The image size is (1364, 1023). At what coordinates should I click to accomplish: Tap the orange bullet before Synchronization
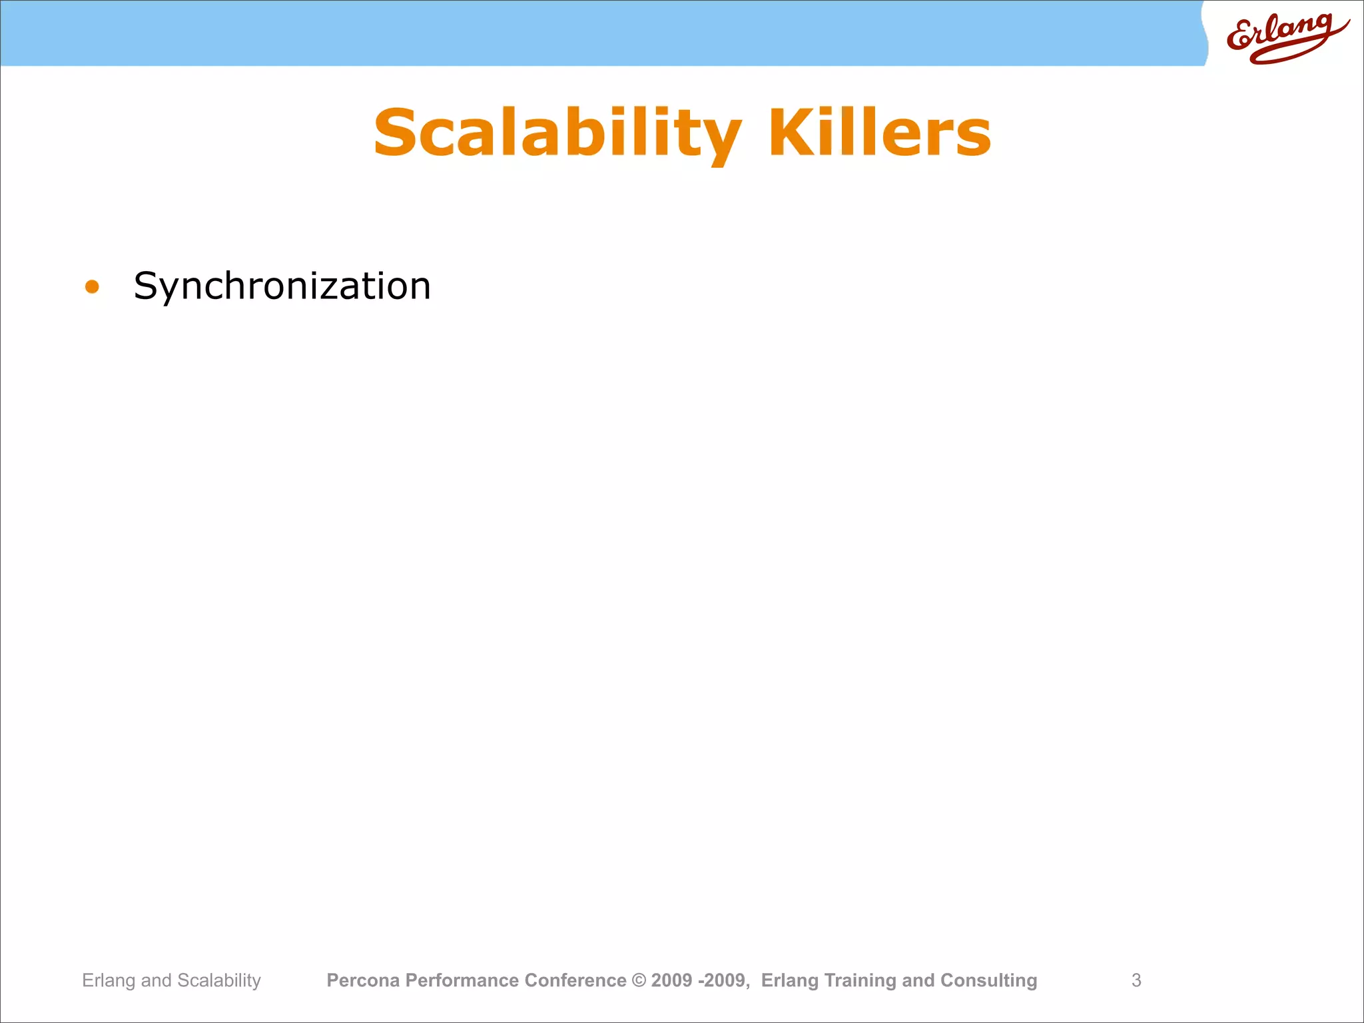tap(92, 287)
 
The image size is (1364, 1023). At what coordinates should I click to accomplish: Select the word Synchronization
tap(282, 286)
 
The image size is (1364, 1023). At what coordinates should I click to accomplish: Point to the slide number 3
tap(1136, 980)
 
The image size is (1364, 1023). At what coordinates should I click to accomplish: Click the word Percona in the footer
tap(363, 980)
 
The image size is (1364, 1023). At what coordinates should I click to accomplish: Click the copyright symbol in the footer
tap(639, 980)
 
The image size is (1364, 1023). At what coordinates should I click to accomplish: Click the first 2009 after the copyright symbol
tap(672, 980)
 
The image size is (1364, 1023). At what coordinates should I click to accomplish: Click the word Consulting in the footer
tap(988, 980)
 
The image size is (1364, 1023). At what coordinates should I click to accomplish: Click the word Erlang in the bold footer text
tap(789, 980)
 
